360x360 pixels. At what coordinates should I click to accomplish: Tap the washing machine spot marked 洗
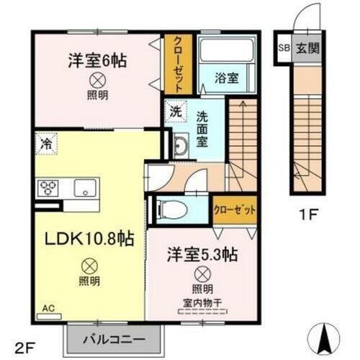point(176,112)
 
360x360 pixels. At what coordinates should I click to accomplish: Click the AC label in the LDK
point(48,309)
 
